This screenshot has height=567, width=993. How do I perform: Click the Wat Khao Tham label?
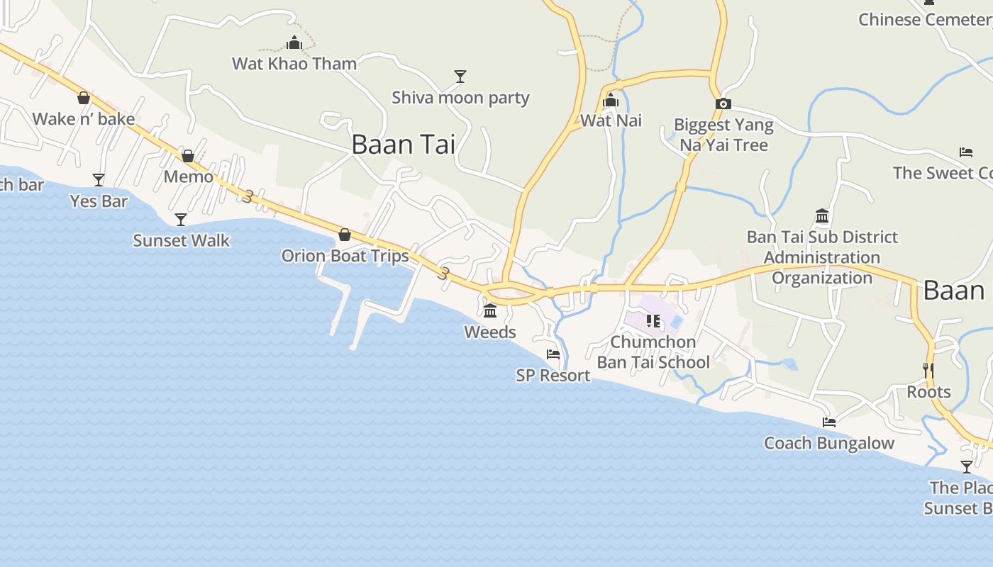point(294,64)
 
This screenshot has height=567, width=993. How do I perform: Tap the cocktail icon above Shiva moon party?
point(460,76)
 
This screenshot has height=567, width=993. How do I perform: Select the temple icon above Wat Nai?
point(610,101)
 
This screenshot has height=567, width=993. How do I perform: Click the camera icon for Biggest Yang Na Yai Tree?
point(723,103)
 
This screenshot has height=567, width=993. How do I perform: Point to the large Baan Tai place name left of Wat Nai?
point(403,145)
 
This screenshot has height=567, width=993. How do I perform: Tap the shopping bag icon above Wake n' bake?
point(84,98)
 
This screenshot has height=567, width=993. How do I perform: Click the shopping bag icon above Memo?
point(188,156)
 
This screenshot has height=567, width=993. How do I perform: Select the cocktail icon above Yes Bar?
point(99,180)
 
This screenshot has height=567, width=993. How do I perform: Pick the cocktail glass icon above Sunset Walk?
point(181,220)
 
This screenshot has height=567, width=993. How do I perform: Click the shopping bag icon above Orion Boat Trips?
point(345,235)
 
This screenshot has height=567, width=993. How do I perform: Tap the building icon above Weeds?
point(490,310)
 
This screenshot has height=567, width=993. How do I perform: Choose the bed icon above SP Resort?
point(553,354)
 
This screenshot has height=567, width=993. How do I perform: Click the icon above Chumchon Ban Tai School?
point(653,321)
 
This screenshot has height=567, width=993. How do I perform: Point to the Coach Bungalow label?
point(828,444)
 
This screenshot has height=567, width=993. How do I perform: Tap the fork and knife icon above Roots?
point(928,371)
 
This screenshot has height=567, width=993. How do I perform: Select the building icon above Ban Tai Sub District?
point(822,215)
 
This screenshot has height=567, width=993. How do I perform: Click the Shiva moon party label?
point(460,98)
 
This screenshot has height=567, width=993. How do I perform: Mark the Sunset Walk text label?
point(181,241)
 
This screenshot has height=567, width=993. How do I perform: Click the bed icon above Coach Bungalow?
point(828,422)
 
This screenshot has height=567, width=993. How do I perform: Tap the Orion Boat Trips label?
point(345,256)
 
